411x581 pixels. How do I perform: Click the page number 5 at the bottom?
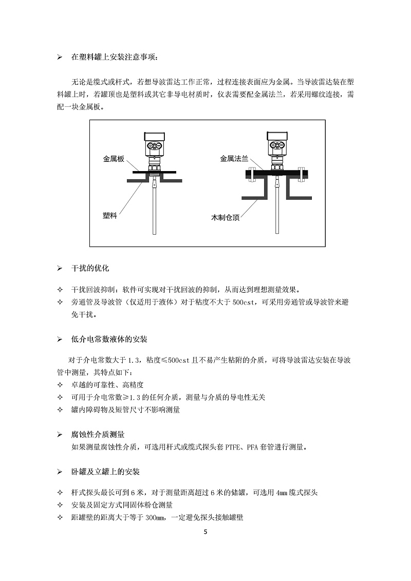(206, 532)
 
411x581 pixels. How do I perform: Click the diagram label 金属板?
(114, 159)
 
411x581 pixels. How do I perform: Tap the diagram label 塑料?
(110, 215)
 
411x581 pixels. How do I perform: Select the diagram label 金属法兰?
(234, 159)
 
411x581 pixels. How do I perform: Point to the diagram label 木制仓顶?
(225, 217)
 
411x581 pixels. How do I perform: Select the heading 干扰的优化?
(90, 268)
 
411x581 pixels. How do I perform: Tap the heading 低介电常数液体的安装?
(109, 339)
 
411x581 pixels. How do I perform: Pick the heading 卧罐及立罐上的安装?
(105, 472)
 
